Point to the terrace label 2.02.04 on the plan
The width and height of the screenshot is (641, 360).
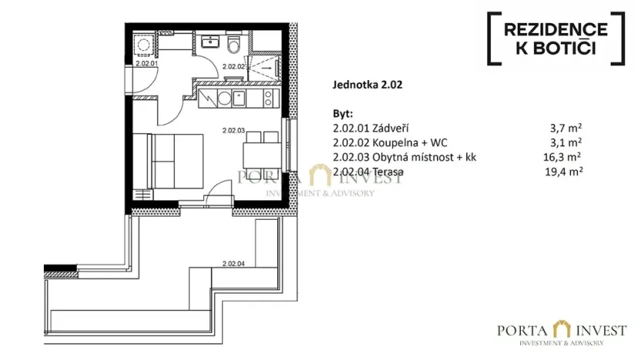pyautogui.click(x=233, y=264)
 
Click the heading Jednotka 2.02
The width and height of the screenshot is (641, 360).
pyautogui.click(x=367, y=87)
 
